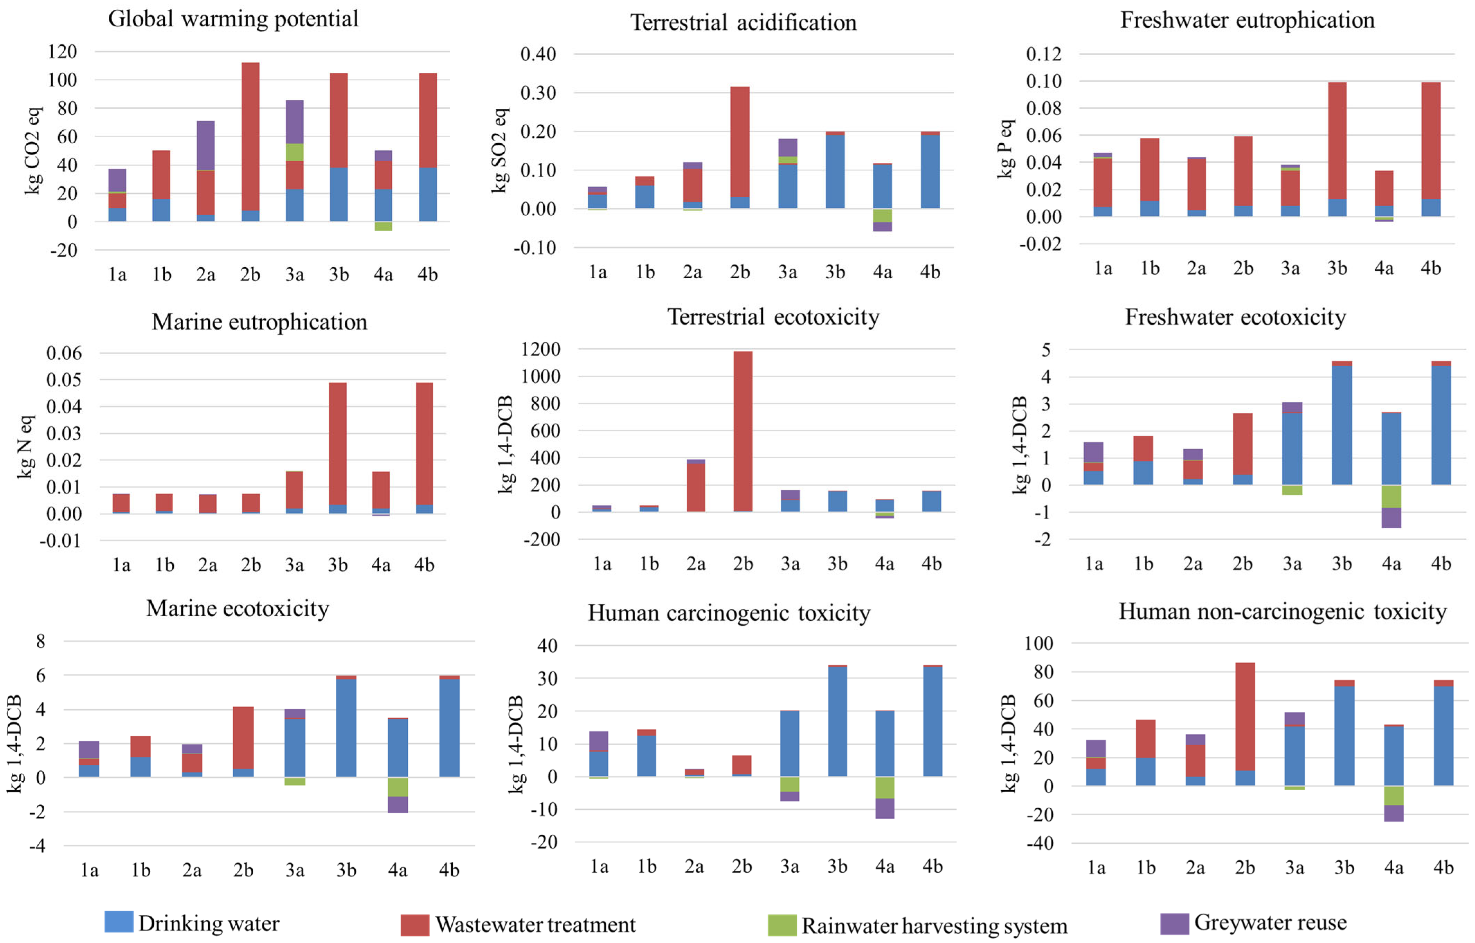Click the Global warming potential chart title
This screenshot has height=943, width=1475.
(233, 18)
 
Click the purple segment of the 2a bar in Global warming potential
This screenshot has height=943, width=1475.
(206, 145)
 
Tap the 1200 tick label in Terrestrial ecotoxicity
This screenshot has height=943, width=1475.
(540, 349)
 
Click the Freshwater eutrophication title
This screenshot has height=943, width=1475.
(1247, 20)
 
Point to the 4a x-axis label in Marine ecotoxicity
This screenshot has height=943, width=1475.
(398, 870)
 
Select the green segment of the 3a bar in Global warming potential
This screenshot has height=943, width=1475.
(295, 152)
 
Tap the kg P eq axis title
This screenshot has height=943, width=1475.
(1005, 149)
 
